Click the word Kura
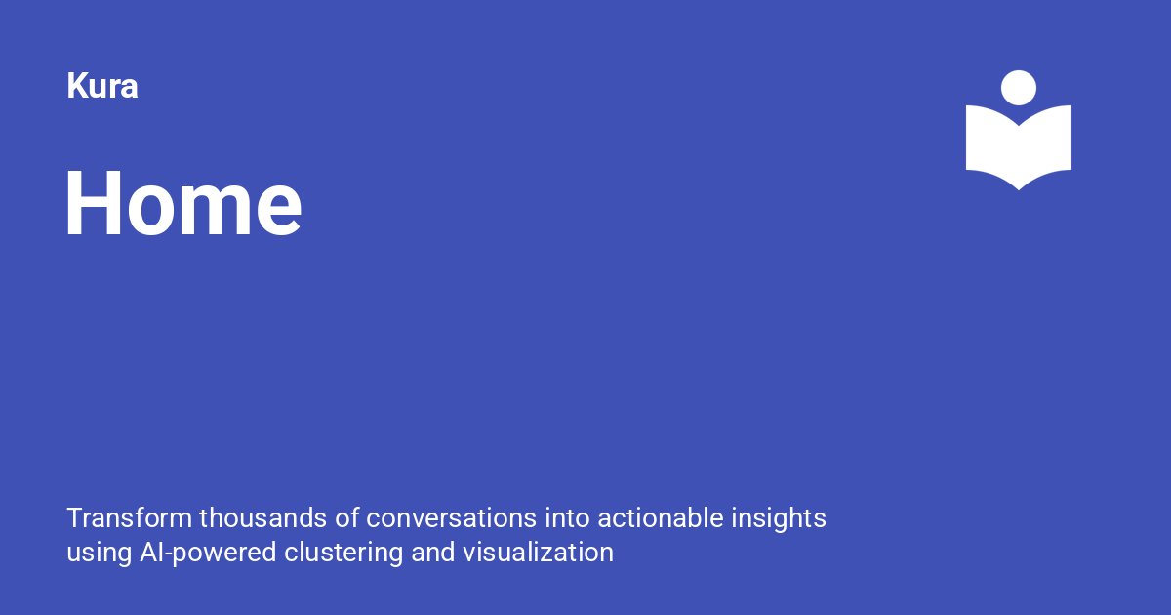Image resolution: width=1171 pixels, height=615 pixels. point(102,86)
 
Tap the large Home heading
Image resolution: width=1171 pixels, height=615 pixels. point(183,203)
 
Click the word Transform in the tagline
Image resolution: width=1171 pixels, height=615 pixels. point(130,518)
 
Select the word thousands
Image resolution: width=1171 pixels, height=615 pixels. point(263,518)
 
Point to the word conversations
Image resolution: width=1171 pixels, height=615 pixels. point(451,518)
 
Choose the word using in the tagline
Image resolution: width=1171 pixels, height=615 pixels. point(100,553)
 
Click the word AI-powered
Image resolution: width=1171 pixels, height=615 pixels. point(208,553)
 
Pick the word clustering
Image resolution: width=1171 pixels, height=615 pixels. point(343,553)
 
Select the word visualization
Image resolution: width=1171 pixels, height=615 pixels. point(538,553)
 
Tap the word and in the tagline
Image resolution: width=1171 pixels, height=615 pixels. point(433,553)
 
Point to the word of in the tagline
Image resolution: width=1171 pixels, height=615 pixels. point(347,518)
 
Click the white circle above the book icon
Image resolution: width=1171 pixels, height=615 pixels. point(1019,88)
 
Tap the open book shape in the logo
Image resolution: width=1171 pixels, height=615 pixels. point(1019,151)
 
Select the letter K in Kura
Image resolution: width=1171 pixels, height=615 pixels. point(77,86)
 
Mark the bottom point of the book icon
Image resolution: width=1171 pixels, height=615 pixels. point(1019,190)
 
